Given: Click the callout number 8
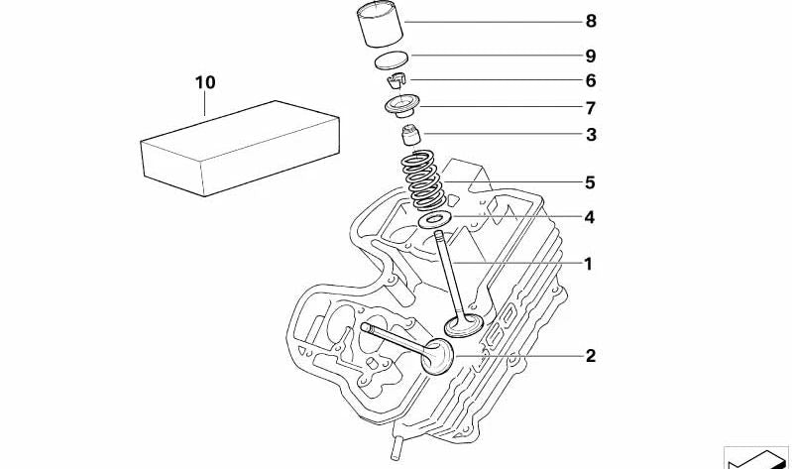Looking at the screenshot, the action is click(591, 21).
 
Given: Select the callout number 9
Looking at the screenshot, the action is click(591, 57).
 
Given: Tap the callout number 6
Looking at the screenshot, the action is click(591, 81).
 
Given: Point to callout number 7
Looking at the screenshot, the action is click(591, 108).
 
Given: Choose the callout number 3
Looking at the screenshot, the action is click(591, 135).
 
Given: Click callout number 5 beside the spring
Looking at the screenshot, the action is click(591, 182).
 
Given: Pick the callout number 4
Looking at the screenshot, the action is click(590, 217).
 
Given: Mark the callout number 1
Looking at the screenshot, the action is click(588, 264).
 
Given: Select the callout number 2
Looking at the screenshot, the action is click(591, 356).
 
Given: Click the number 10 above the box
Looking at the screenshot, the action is click(205, 82).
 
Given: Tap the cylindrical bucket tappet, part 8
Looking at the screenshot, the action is click(380, 26).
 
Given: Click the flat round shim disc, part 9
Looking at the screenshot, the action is click(391, 59).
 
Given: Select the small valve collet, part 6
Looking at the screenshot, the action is click(397, 80).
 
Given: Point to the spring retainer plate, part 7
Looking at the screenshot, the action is click(401, 108).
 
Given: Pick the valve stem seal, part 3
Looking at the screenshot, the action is click(410, 136).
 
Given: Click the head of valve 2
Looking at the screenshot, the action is click(437, 357).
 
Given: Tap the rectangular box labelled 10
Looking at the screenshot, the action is click(240, 148).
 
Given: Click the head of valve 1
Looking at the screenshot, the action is click(464, 325).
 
